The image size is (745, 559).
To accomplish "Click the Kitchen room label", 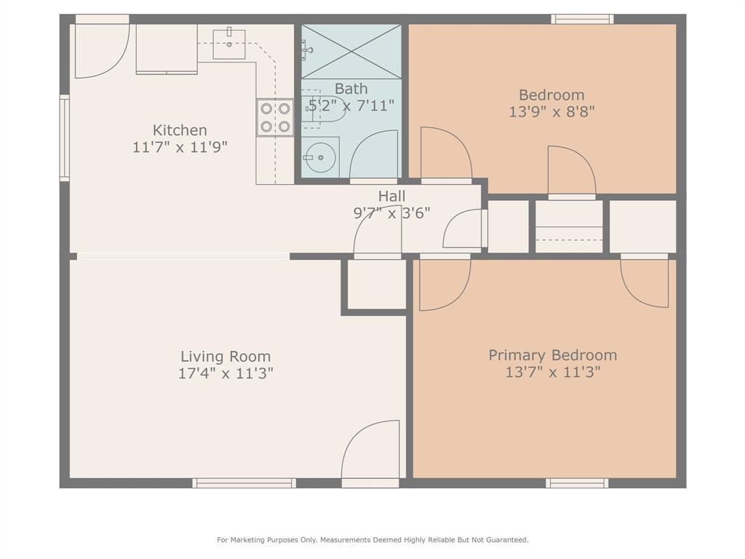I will pos(180,130).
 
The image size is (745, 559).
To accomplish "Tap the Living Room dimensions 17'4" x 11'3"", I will pos(226,373).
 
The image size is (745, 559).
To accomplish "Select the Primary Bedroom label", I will pos(552,355).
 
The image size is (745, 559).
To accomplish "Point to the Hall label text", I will pos(391,197).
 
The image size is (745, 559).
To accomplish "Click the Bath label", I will pos(351,89).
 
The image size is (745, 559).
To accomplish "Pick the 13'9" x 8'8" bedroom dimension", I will pos(551,112).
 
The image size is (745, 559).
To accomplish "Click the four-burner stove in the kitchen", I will pos(275,118).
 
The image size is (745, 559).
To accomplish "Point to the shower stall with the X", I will pos(351,51).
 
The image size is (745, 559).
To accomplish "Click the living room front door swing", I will pos(371,451).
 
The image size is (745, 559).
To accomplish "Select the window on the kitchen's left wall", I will pos(64,138).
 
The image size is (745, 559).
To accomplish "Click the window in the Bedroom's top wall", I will pos(582,19).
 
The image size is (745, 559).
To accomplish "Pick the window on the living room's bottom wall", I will pos(244,483).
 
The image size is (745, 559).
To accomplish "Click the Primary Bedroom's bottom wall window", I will pos(577,483).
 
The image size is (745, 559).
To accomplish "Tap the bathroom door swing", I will pos(374,154).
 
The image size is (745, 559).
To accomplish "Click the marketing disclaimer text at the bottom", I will pos(372,539).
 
